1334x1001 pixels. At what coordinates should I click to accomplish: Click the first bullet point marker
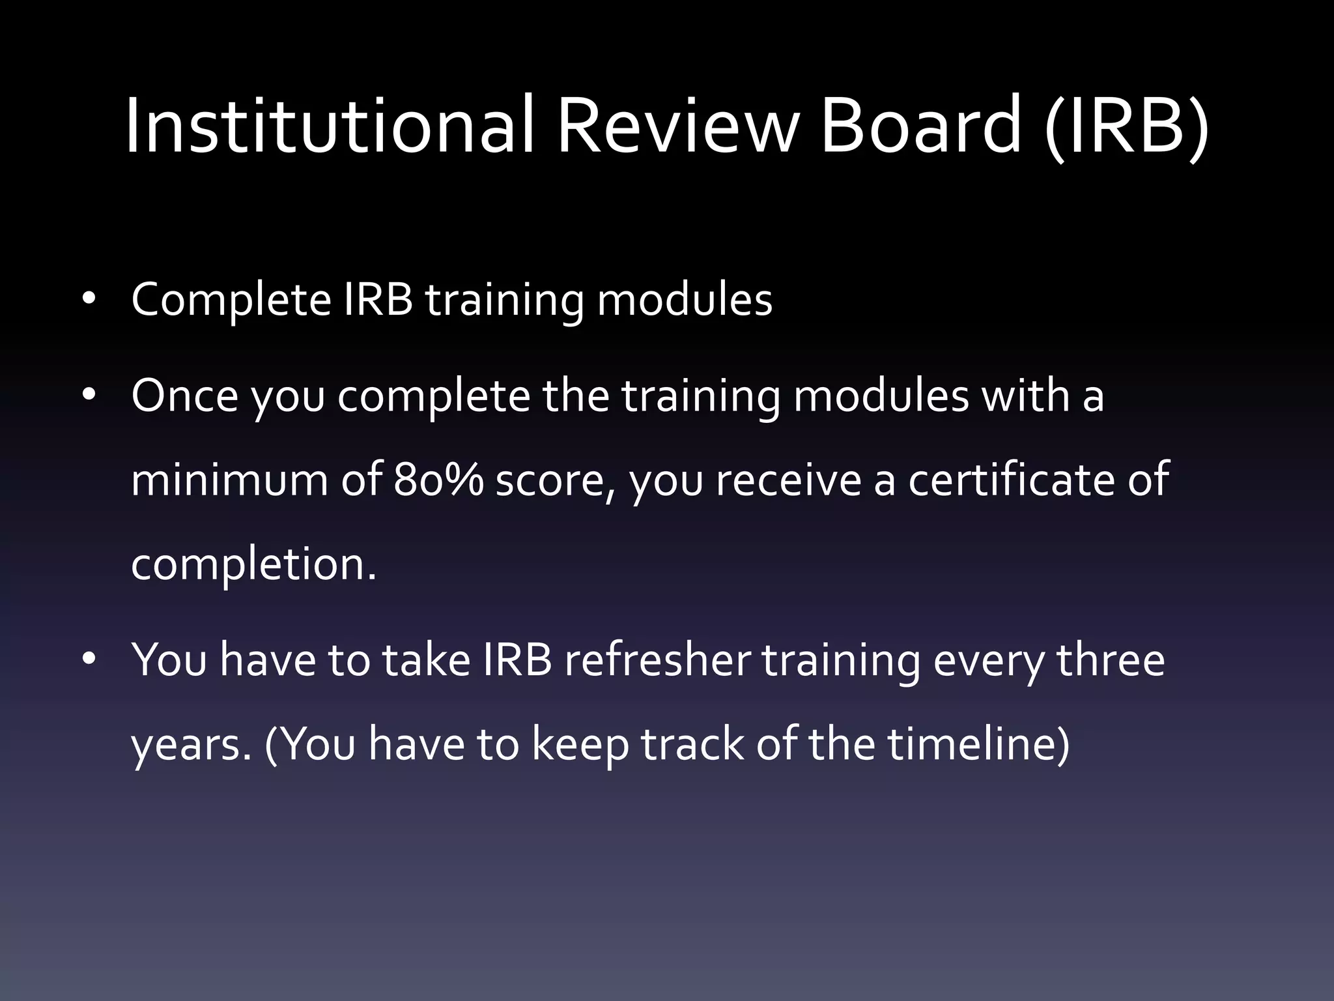(x=89, y=299)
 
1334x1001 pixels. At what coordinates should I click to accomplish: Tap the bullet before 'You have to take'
(x=89, y=659)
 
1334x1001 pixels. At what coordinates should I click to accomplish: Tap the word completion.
(x=253, y=564)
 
